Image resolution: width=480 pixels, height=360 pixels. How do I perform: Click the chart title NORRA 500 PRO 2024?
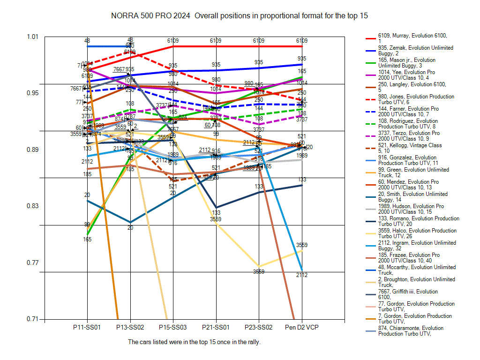click(x=150, y=15)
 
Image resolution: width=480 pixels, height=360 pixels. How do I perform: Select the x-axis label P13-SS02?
click(x=130, y=327)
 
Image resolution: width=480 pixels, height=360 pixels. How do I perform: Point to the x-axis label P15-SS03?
click(x=173, y=327)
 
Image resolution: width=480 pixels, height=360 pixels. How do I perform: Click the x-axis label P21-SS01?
click(x=216, y=327)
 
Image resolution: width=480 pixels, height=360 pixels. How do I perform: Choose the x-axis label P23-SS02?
click(x=259, y=327)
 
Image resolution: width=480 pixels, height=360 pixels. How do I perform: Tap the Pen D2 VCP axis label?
click(x=302, y=327)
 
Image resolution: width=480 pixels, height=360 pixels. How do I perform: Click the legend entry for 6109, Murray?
click(x=412, y=38)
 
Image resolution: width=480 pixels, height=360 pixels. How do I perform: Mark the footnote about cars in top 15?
click(x=194, y=342)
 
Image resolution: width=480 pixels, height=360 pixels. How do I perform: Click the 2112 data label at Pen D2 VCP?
click(x=302, y=275)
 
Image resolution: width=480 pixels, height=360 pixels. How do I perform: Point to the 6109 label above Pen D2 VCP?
click(x=302, y=41)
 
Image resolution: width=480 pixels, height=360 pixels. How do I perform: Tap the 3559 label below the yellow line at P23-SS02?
click(x=259, y=271)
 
